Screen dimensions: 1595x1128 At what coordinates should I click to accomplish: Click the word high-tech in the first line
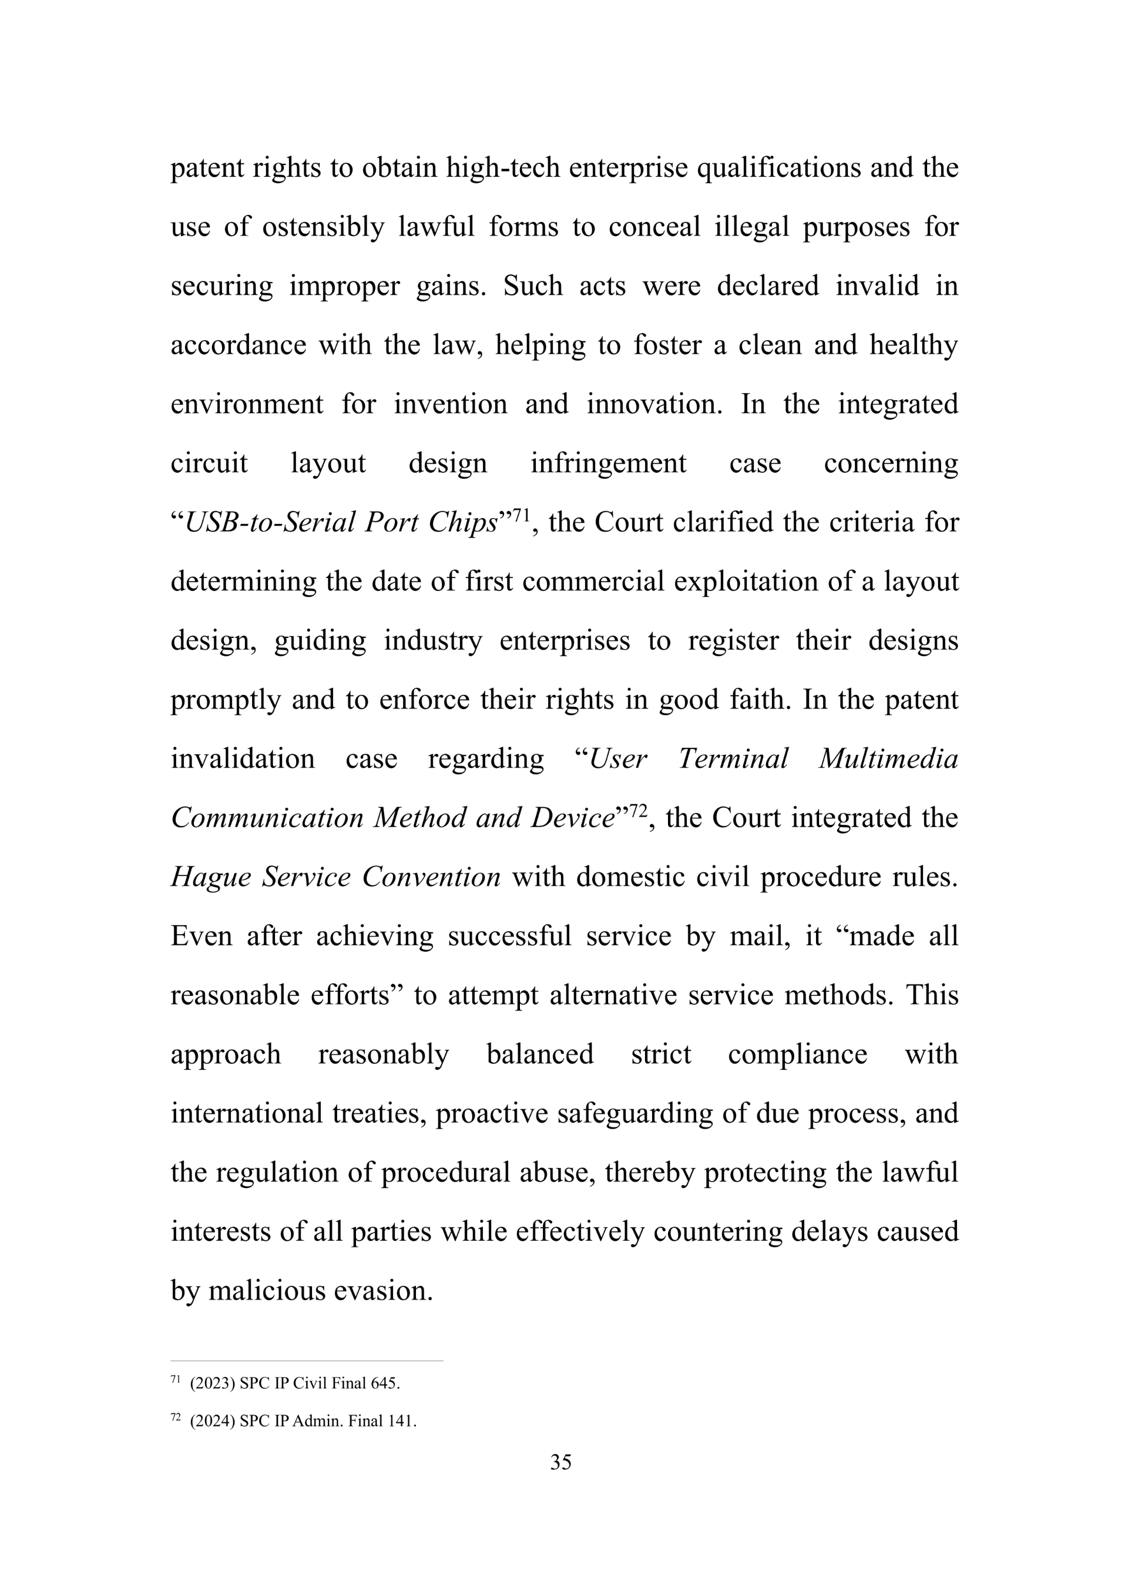[502, 168]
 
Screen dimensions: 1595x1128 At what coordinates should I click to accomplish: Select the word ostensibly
[323, 227]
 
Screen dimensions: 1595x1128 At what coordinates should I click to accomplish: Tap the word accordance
[239, 345]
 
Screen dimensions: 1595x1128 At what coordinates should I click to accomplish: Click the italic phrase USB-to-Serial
[271, 522]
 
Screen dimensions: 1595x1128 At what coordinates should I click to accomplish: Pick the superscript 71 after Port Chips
[521, 515]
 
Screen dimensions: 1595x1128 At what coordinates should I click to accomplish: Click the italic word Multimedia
[888, 758]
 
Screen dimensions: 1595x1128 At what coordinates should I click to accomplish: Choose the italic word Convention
[431, 877]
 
